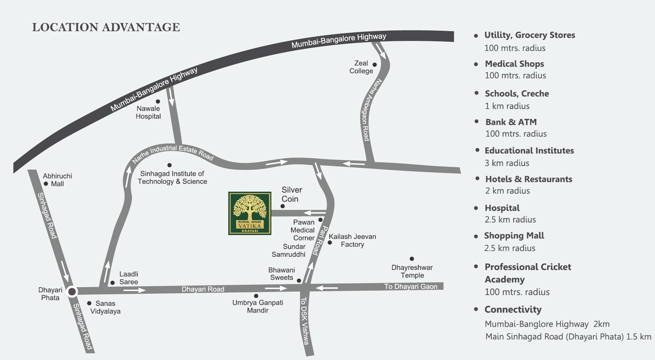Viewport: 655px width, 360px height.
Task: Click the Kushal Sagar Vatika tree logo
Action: [x=250, y=213]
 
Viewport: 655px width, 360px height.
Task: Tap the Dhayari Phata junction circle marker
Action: [x=72, y=291]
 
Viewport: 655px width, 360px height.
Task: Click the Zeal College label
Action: [x=361, y=67]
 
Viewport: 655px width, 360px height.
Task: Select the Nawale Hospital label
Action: [x=148, y=112]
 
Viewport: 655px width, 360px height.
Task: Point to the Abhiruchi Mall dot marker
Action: [x=46, y=184]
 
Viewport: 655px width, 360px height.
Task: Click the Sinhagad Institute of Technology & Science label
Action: [x=172, y=178]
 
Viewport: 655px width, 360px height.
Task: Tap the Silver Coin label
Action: [x=291, y=194]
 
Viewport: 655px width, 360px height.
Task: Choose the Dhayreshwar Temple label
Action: [x=412, y=271]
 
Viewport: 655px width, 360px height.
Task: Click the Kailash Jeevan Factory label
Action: [x=352, y=241]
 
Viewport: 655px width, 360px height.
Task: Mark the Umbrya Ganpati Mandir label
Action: [x=257, y=306]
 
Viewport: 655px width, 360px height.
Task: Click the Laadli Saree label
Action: [x=129, y=278]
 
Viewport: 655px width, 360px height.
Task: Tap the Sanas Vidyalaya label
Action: [x=105, y=307]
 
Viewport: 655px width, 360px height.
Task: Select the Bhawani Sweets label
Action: [x=281, y=274]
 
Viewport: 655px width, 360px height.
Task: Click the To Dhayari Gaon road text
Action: [x=410, y=286]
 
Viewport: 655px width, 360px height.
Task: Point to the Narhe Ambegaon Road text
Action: [x=370, y=110]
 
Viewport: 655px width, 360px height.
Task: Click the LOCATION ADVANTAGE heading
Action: [x=106, y=27]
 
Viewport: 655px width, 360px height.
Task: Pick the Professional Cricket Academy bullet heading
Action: [x=527, y=273]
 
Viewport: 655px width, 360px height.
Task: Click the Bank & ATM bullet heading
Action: [x=510, y=122]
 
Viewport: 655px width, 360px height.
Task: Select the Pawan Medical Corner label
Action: [x=303, y=230]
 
